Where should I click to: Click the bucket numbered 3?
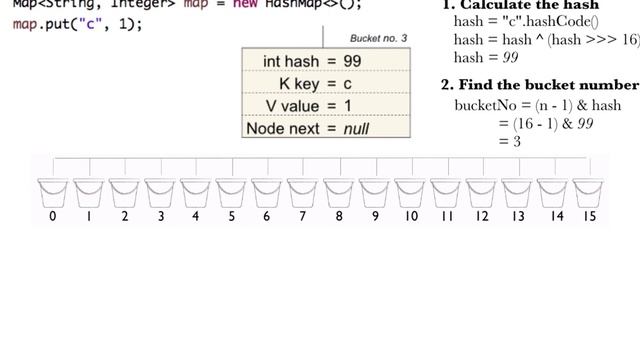coord(160,192)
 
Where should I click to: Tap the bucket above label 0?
coord(52,192)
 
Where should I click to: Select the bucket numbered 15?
coord(589,192)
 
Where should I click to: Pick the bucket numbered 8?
coord(339,192)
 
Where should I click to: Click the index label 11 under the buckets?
coord(447,216)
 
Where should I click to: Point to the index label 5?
coord(232,216)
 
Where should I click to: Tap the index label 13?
coord(518,216)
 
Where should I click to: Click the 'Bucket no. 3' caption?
coord(378,38)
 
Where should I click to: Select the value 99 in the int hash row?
coord(351,61)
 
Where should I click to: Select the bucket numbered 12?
coord(482,192)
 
